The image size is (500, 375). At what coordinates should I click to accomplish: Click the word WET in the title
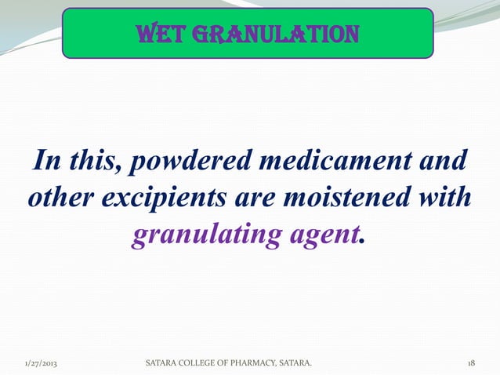point(159,35)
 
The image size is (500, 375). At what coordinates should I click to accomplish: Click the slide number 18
point(471,364)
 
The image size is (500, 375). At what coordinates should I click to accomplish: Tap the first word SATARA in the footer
point(161,364)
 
